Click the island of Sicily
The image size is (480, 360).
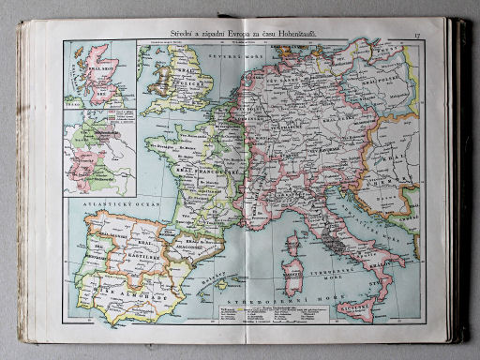click(355, 306)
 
